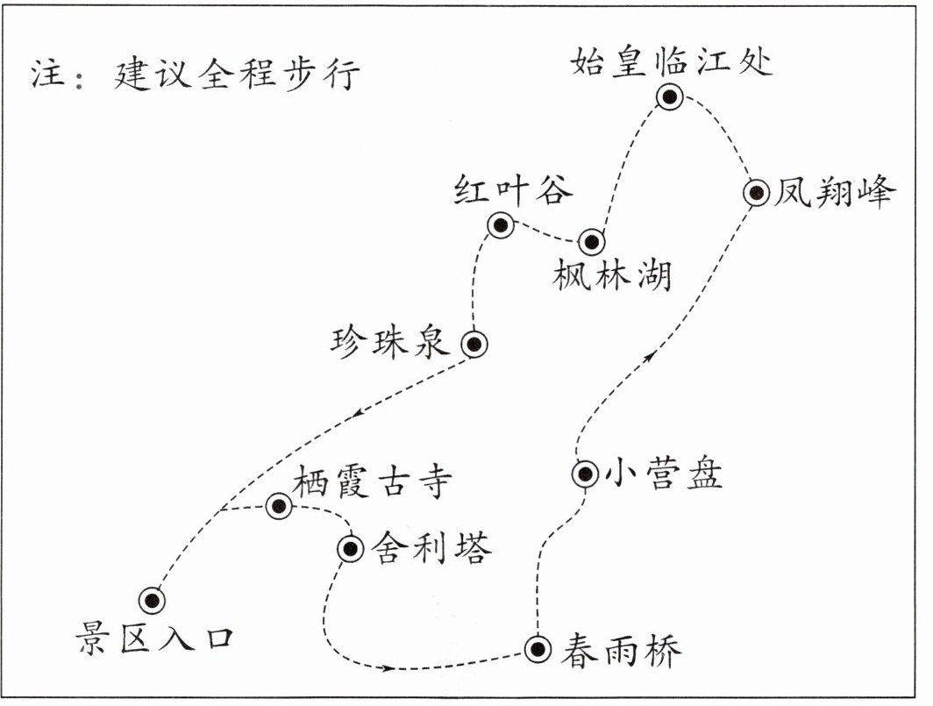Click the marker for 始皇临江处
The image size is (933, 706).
(x=671, y=98)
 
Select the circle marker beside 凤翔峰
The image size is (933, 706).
(x=756, y=193)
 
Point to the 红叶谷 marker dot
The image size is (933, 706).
(x=501, y=226)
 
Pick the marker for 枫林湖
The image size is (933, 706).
(x=591, y=241)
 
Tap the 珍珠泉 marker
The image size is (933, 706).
(x=474, y=345)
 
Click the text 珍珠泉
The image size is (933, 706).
(x=390, y=342)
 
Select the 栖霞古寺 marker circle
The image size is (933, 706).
(x=279, y=505)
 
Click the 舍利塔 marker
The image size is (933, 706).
(x=350, y=549)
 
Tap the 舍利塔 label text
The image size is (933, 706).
(x=430, y=548)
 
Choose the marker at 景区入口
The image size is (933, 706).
(x=153, y=600)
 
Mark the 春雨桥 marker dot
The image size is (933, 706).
(x=538, y=649)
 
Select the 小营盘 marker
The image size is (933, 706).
(x=585, y=474)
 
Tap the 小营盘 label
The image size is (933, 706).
(x=663, y=474)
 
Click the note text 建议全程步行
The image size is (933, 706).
(x=236, y=75)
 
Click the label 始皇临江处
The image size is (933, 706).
(x=672, y=61)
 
